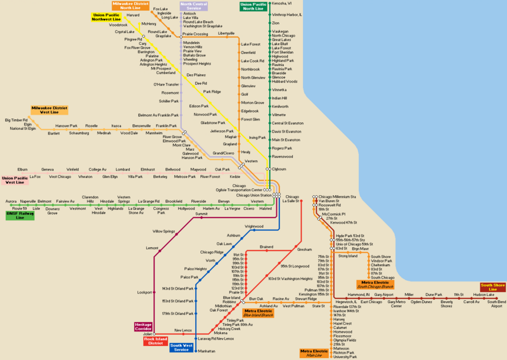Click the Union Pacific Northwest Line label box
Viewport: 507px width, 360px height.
tap(106, 16)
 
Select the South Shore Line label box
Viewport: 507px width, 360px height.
tap(492, 287)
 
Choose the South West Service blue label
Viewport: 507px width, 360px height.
tap(181, 348)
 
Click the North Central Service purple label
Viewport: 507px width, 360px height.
tap(194, 6)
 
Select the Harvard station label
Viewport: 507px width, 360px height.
tap(133, 15)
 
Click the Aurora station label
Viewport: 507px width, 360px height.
tap(11, 201)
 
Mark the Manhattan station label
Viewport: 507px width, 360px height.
tap(207, 350)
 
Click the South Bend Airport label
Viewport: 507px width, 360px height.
tap(496, 304)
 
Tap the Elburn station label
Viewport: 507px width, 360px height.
tap(22, 169)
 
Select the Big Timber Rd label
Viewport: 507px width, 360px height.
tap(16, 120)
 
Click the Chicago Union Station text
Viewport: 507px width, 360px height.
tap(253, 195)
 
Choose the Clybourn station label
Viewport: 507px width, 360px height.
tap(279, 169)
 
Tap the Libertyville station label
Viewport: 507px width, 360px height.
tap(226, 33)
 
